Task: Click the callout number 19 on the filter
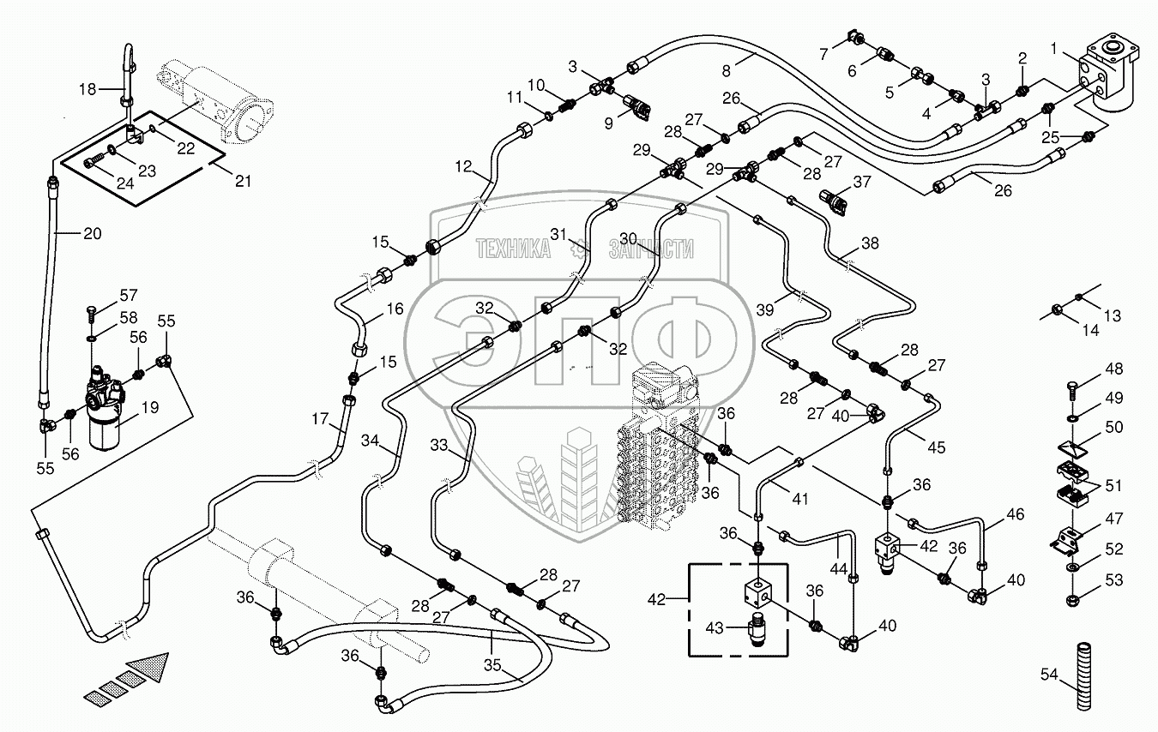150,409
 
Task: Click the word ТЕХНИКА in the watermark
514,249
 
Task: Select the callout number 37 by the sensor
861,181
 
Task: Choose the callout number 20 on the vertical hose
91,232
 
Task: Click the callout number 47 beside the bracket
1113,519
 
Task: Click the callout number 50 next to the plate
1113,427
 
